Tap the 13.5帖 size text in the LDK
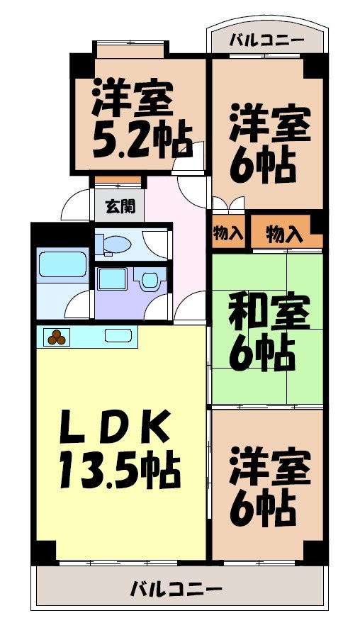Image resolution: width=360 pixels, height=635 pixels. click(119, 467)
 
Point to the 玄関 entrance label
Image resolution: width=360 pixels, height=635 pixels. click(120, 207)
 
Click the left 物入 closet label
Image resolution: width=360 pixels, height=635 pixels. click(228, 235)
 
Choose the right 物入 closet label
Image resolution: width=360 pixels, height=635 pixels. click(283, 235)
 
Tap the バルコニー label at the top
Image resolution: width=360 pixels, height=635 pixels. click(266, 40)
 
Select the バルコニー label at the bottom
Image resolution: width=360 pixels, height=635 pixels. click(177, 588)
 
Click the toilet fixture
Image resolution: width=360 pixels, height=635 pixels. click(115, 244)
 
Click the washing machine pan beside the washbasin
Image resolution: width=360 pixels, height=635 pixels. click(112, 279)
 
